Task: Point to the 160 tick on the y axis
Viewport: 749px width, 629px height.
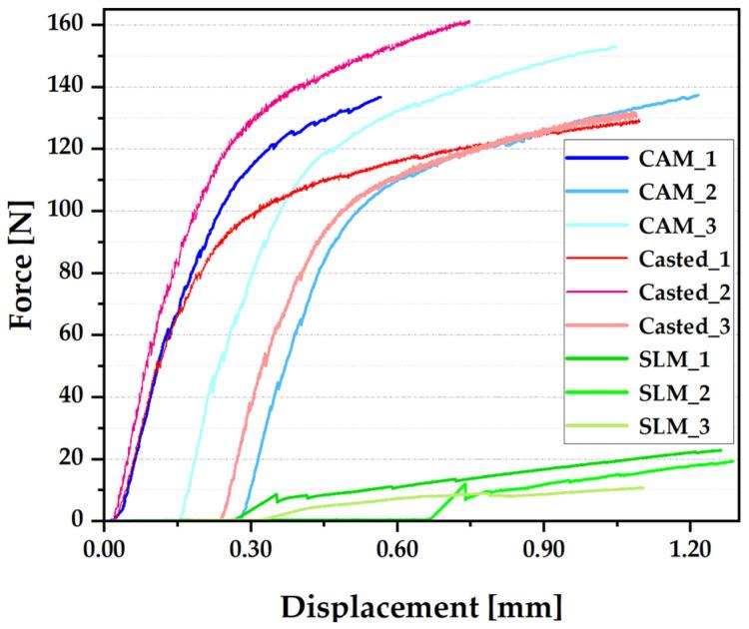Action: (76, 24)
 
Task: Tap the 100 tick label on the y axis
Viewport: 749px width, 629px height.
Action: (76, 211)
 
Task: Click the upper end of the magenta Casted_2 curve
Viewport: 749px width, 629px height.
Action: (468, 22)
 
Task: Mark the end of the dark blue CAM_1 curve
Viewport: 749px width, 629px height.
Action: (380, 97)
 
